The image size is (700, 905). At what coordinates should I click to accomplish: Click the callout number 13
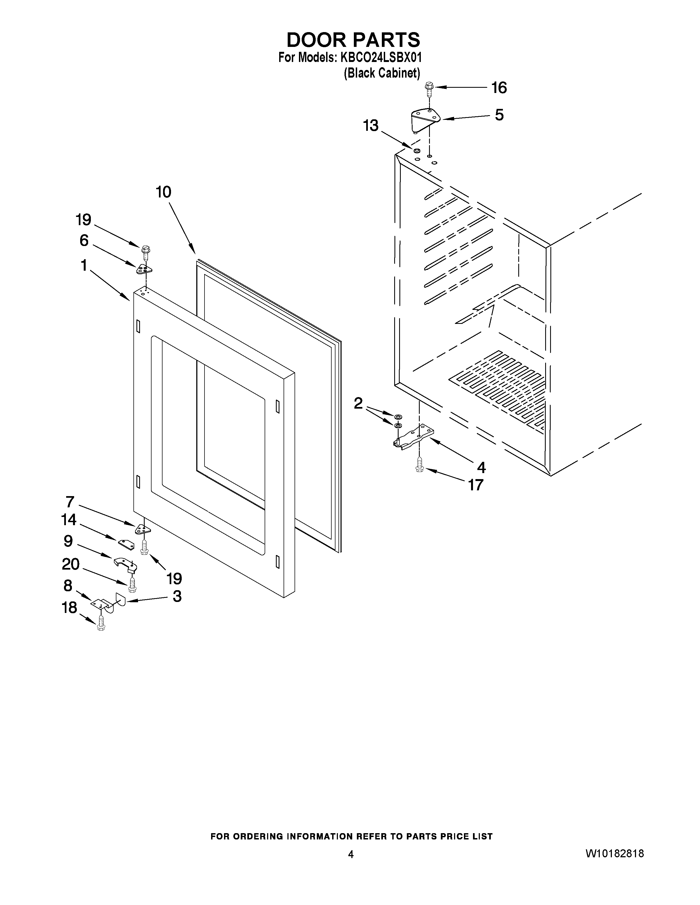point(371,125)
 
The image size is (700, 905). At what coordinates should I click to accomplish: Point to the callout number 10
point(163,192)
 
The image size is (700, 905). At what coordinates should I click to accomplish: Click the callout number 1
point(84,265)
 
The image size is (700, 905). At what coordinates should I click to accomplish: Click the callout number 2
point(358,403)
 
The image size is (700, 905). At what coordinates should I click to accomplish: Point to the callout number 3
point(177,596)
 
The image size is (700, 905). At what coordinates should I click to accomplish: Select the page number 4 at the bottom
point(351,854)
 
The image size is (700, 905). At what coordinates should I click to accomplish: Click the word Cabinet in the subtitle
point(399,73)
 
